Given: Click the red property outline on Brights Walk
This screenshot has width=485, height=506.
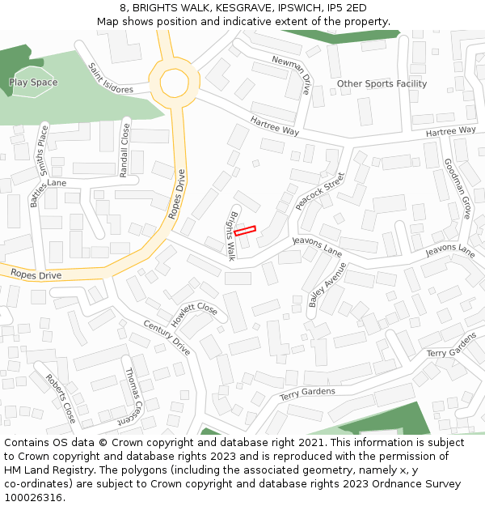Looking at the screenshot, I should pyautogui.click(x=246, y=230).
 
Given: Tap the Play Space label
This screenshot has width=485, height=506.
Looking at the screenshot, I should pyautogui.click(x=33, y=83).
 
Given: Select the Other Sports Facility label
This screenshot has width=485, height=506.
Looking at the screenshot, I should pyautogui.click(x=382, y=84).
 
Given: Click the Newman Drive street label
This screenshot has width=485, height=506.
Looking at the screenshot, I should pyautogui.click(x=291, y=74).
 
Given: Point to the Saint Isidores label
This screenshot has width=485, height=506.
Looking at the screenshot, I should pyautogui.click(x=110, y=79).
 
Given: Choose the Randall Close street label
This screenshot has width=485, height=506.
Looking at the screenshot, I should pyautogui.click(x=124, y=150).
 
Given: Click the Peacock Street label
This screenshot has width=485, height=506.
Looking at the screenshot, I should pyautogui.click(x=319, y=191).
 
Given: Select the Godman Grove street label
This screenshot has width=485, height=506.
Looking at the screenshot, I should pyautogui.click(x=458, y=189).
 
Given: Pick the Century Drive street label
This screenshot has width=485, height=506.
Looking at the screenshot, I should pyautogui.click(x=167, y=338).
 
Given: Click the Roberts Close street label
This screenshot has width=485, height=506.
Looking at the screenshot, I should pyautogui.click(x=61, y=398).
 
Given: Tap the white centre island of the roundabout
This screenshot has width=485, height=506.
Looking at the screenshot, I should pyautogui.click(x=174, y=83).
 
